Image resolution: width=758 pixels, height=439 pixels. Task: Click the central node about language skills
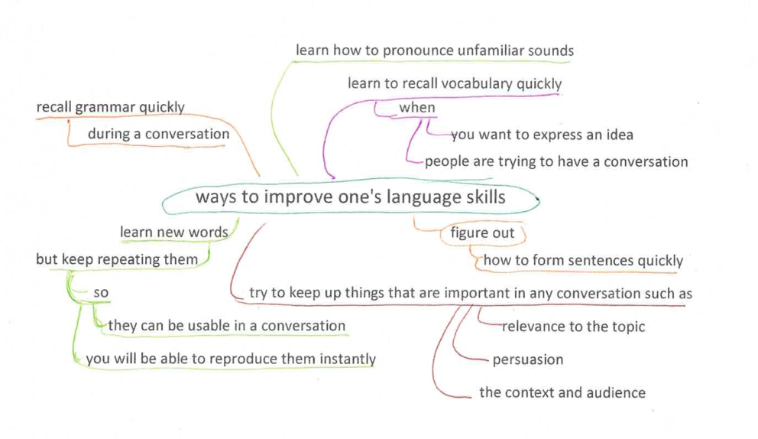click(x=351, y=197)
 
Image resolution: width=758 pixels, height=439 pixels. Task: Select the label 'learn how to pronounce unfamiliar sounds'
click(x=435, y=50)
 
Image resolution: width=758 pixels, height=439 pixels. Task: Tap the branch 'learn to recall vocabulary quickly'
click(x=455, y=83)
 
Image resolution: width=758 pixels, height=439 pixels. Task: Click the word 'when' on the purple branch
click(x=416, y=107)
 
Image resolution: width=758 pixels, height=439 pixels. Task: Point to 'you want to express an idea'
click(x=542, y=135)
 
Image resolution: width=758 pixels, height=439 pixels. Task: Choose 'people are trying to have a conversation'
click(x=556, y=161)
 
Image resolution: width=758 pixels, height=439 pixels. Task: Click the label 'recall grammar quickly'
click(x=111, y=107)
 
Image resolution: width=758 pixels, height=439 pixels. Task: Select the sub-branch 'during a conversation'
click(x=159, y=134)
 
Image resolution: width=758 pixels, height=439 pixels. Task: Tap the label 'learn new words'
click(x=174, y=233)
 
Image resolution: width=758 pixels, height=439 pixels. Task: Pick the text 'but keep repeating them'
click(x=117, y=259)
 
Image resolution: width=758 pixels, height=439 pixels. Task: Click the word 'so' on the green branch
click(x=101, y=293)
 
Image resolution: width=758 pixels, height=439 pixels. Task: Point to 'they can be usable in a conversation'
click(x=227, y=326)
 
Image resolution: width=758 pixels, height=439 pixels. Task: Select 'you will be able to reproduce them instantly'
click(x=231, y=359)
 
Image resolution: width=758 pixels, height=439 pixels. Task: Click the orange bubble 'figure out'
click(x=482, y=233)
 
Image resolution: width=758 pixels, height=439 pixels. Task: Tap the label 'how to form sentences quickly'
click(x=583, y=260)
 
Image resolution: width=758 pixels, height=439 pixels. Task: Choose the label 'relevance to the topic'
click(x=573, y=327)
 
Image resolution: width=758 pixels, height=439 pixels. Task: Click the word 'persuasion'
click(x=528, y=360)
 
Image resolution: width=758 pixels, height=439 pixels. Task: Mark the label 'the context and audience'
click(x=562, y=392)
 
